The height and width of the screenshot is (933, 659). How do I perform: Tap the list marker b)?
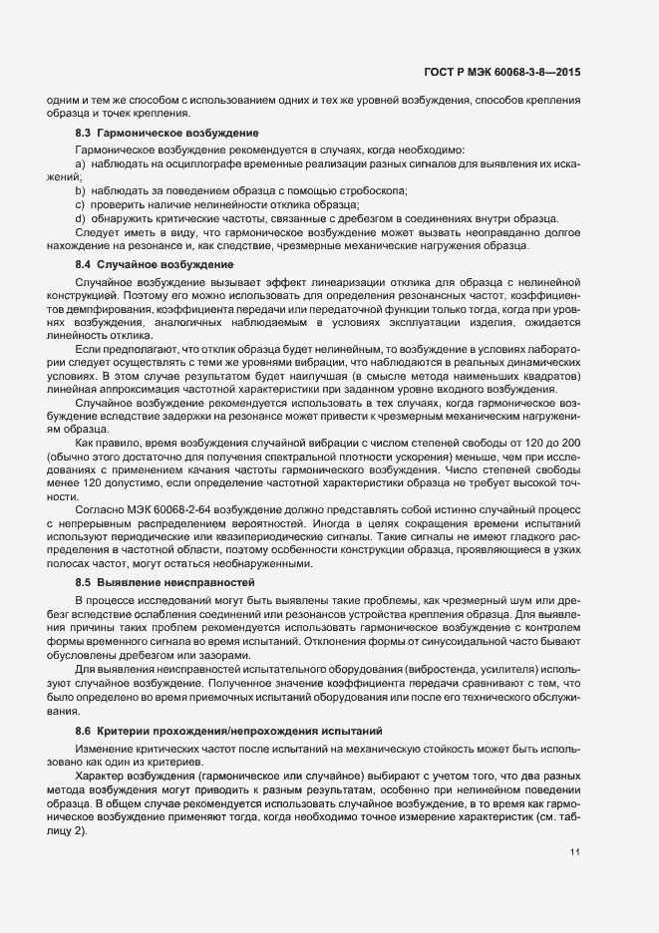(x=80, y=190)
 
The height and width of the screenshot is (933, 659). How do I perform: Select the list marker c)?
(x=80, y=204)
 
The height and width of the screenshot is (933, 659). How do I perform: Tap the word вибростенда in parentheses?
(x=463, y=663)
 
